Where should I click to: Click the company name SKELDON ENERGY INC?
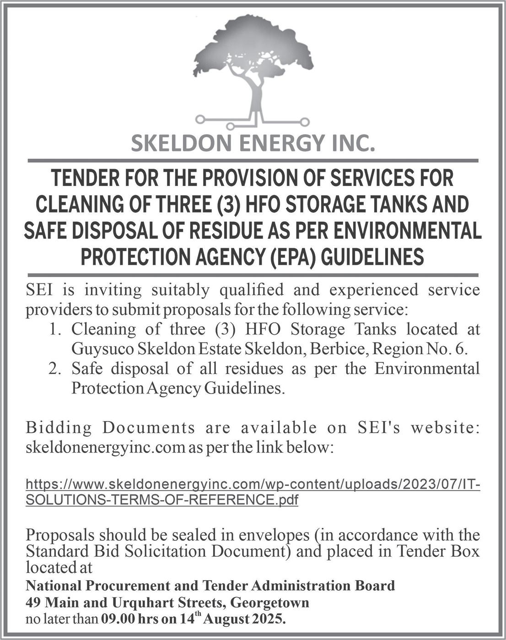click(x=253, y=144)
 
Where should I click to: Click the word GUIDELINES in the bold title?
click(x=373, y=256)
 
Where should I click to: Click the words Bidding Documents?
click(x=110, y=428)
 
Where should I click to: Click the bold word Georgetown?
click(x=270, y=603)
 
